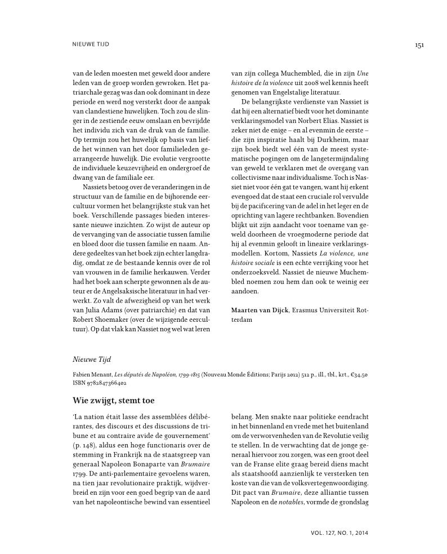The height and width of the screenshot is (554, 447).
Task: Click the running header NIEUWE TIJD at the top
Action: pos(91,44)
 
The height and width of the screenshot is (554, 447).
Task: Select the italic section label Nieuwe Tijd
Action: pos(89,357)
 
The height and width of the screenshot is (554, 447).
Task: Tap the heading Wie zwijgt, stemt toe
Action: pos(111,401)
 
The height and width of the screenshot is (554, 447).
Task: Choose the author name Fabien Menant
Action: pos(93,375)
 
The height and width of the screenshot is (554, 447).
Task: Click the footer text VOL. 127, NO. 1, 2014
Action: pos(339,531)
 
